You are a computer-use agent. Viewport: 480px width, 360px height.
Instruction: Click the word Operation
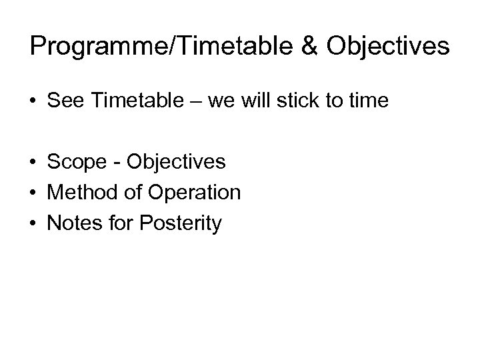coord(194,193)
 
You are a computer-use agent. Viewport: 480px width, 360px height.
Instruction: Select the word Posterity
coord(179,224)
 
